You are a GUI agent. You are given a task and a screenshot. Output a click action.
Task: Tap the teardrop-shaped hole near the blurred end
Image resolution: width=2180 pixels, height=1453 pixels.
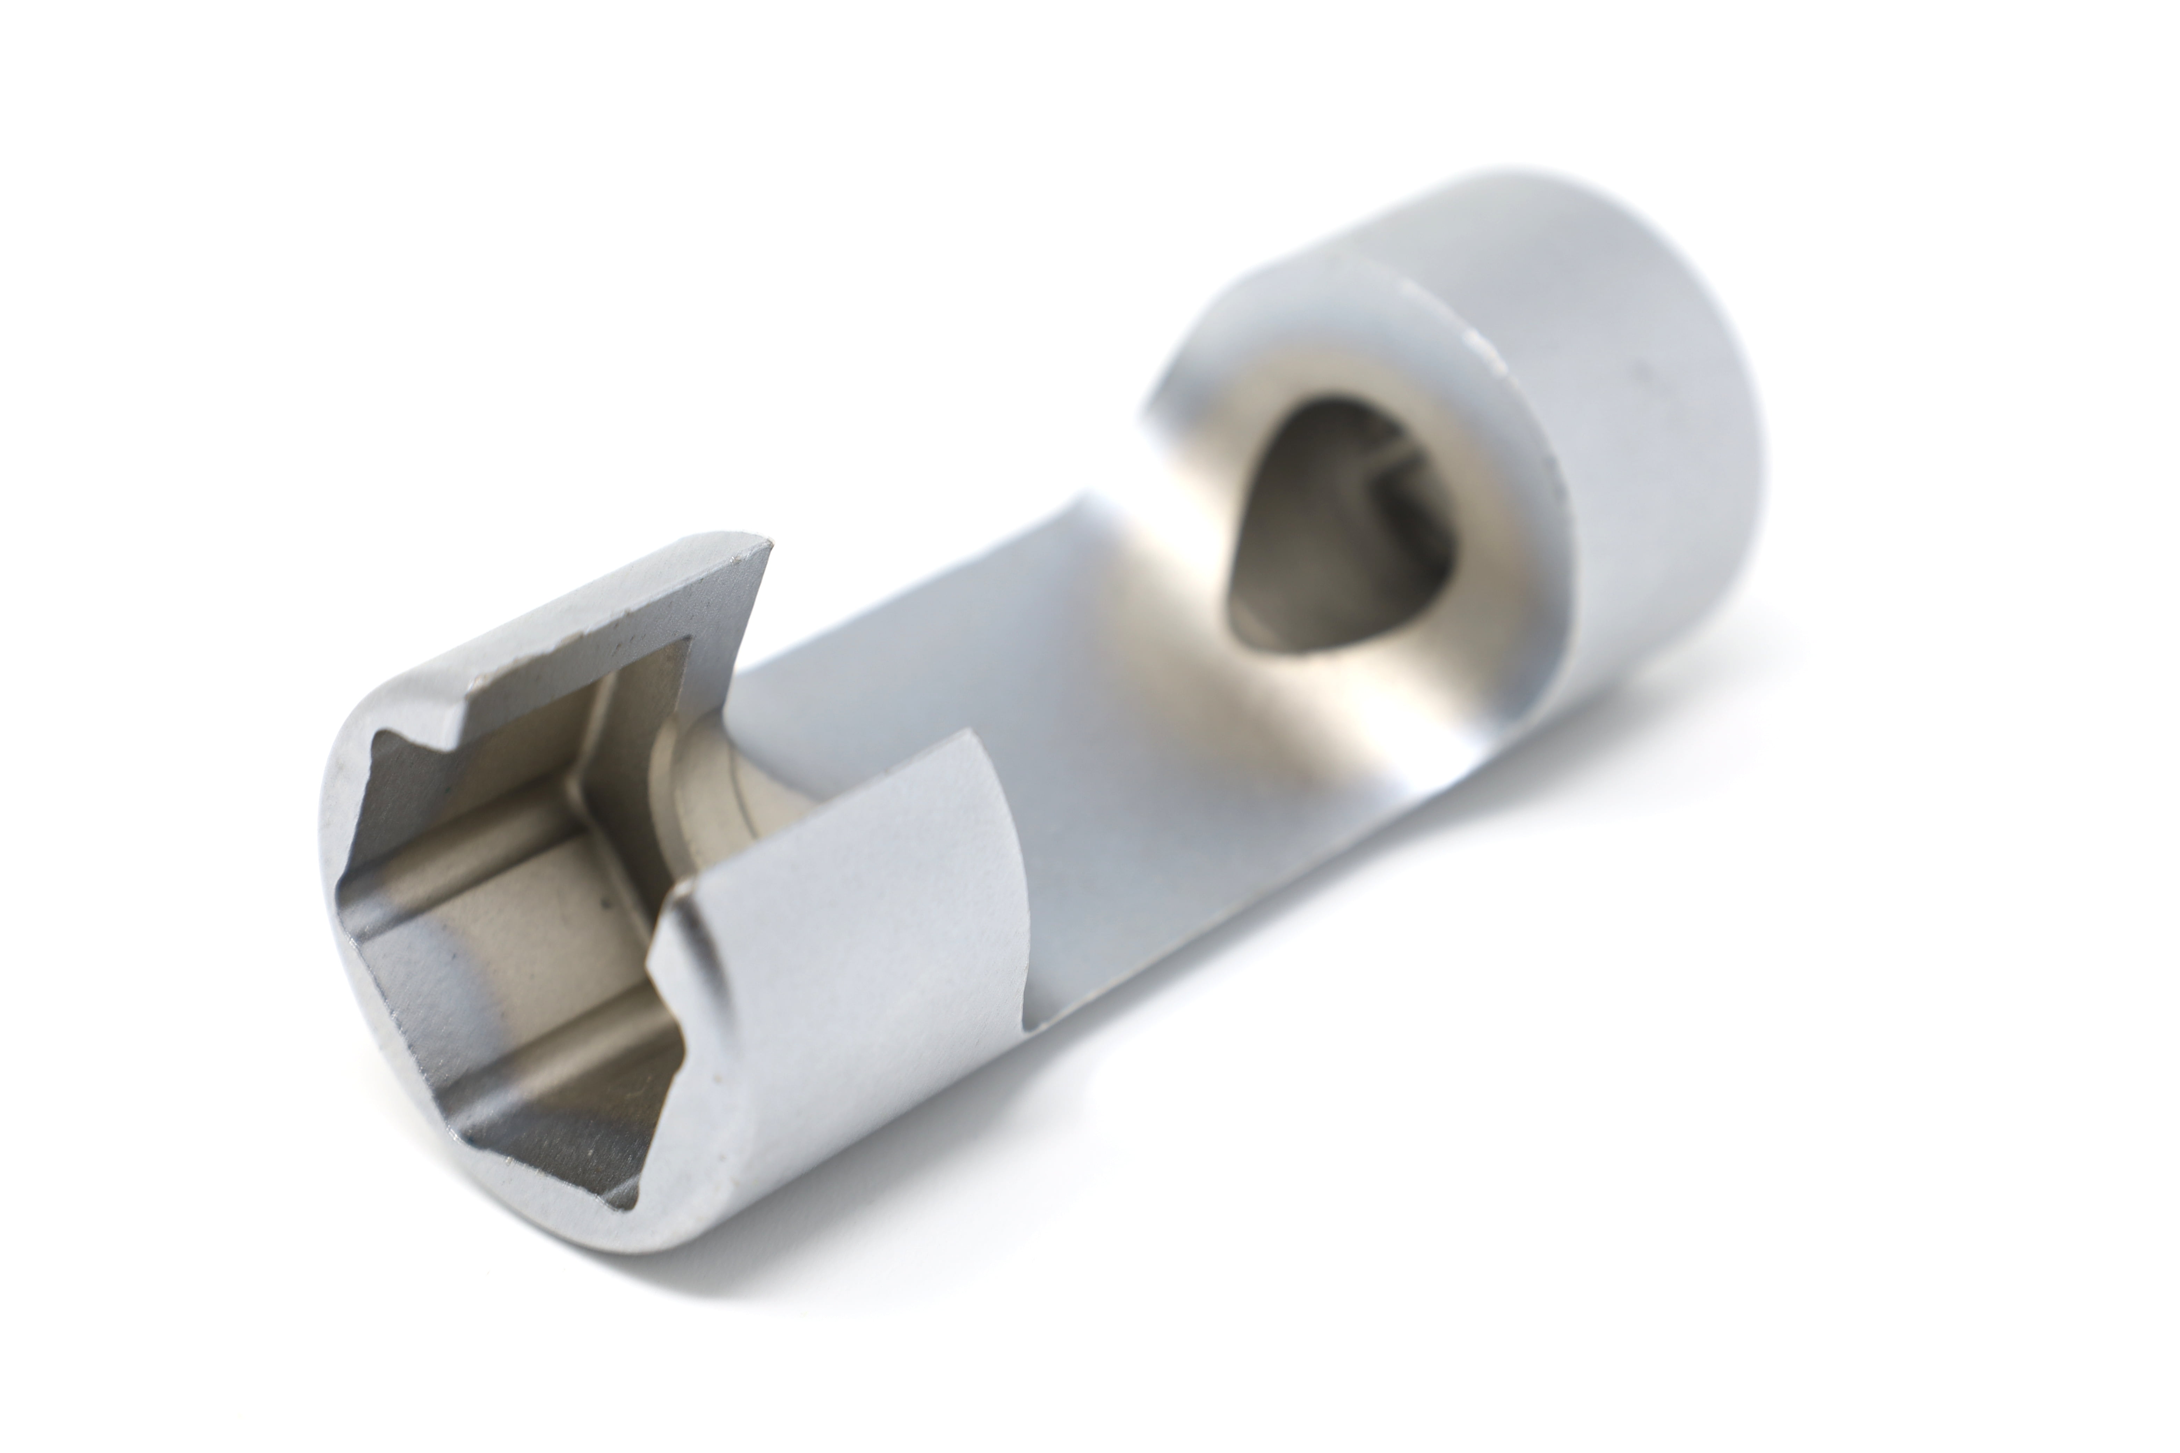click(x=1335, y=528)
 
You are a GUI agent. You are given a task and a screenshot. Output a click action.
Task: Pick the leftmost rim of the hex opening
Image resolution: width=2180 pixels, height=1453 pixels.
click(x=345, y=890)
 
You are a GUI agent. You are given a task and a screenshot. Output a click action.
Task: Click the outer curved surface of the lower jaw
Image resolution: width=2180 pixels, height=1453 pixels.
click(x=834, y=973)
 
